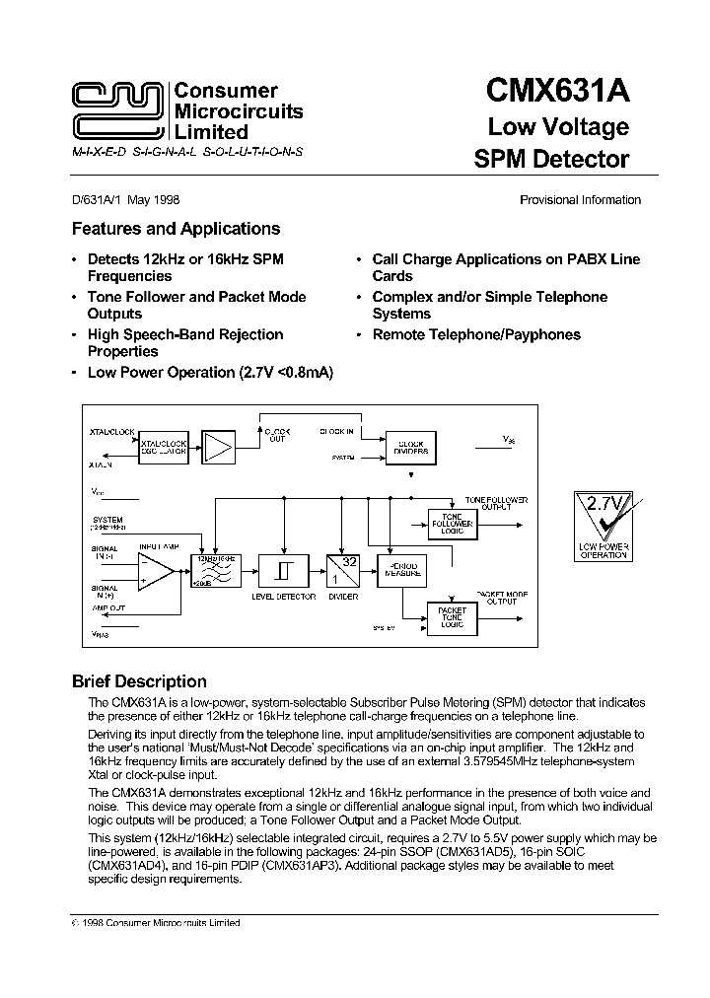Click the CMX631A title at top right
[x=557, y=91]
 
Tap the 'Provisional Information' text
[x=580, y=200]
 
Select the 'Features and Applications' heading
[x=176, y=229]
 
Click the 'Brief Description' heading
[x=139, y=681]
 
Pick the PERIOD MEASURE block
[x=402, y=569]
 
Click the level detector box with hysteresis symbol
[x=283, y=571]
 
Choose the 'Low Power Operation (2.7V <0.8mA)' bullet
[x=210, y=373]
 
